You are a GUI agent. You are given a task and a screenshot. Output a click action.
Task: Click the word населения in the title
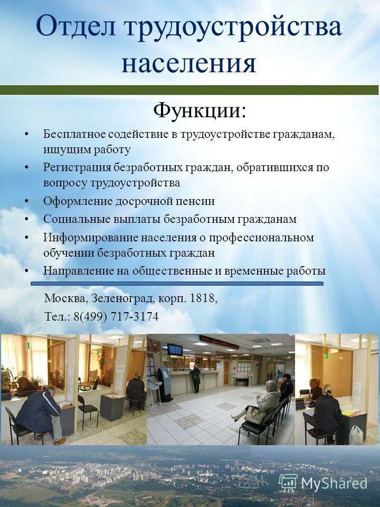189,63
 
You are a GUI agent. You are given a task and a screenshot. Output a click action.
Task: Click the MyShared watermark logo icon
288,482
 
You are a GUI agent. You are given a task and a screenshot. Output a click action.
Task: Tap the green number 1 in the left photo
28,345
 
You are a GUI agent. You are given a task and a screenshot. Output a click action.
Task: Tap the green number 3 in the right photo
327,355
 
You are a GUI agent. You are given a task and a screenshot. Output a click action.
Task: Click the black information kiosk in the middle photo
165,383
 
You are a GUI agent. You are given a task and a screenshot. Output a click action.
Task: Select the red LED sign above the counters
218,341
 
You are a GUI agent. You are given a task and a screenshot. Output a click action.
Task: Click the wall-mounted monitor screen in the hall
175,350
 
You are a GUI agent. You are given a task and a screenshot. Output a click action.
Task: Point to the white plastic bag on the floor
357,435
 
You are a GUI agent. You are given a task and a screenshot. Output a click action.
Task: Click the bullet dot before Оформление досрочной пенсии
27,201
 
